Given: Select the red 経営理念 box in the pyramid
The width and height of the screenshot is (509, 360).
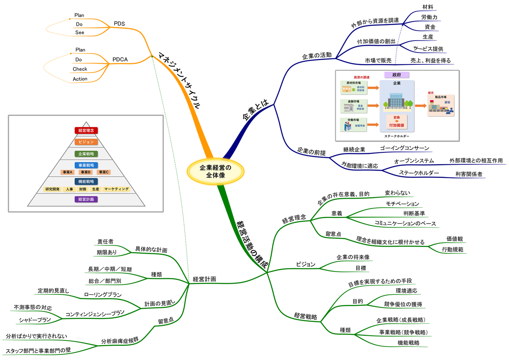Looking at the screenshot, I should (x=86, y=130).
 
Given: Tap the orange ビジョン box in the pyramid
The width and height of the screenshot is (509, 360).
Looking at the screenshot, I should (x=86, y=142).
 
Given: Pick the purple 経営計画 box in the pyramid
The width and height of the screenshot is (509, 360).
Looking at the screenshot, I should (x=86, y=199).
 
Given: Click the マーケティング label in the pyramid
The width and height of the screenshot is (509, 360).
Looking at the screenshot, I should (x=117, y=189).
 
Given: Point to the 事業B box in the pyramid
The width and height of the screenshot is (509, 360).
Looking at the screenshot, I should (x=85, y=172).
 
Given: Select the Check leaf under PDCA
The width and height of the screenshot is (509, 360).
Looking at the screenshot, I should (x=80, y=69).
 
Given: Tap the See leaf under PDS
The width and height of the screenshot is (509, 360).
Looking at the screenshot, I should (x=80, y=33).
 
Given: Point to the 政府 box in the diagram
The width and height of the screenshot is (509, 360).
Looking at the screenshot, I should (x=396, y=75).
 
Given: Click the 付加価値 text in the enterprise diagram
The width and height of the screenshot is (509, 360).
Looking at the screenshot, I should (x=396, y=125).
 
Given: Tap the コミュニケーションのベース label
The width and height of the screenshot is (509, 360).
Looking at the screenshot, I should (x=405, y=223).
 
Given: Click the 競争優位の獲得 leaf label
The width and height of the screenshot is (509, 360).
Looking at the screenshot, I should (x=403, y=304).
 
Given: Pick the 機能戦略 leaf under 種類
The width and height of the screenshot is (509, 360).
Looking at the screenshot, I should (x=408, y=342).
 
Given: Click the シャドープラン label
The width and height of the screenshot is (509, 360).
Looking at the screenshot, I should (x=35, y=320).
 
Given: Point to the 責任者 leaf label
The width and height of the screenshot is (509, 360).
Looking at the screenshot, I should (x=105, y=241).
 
